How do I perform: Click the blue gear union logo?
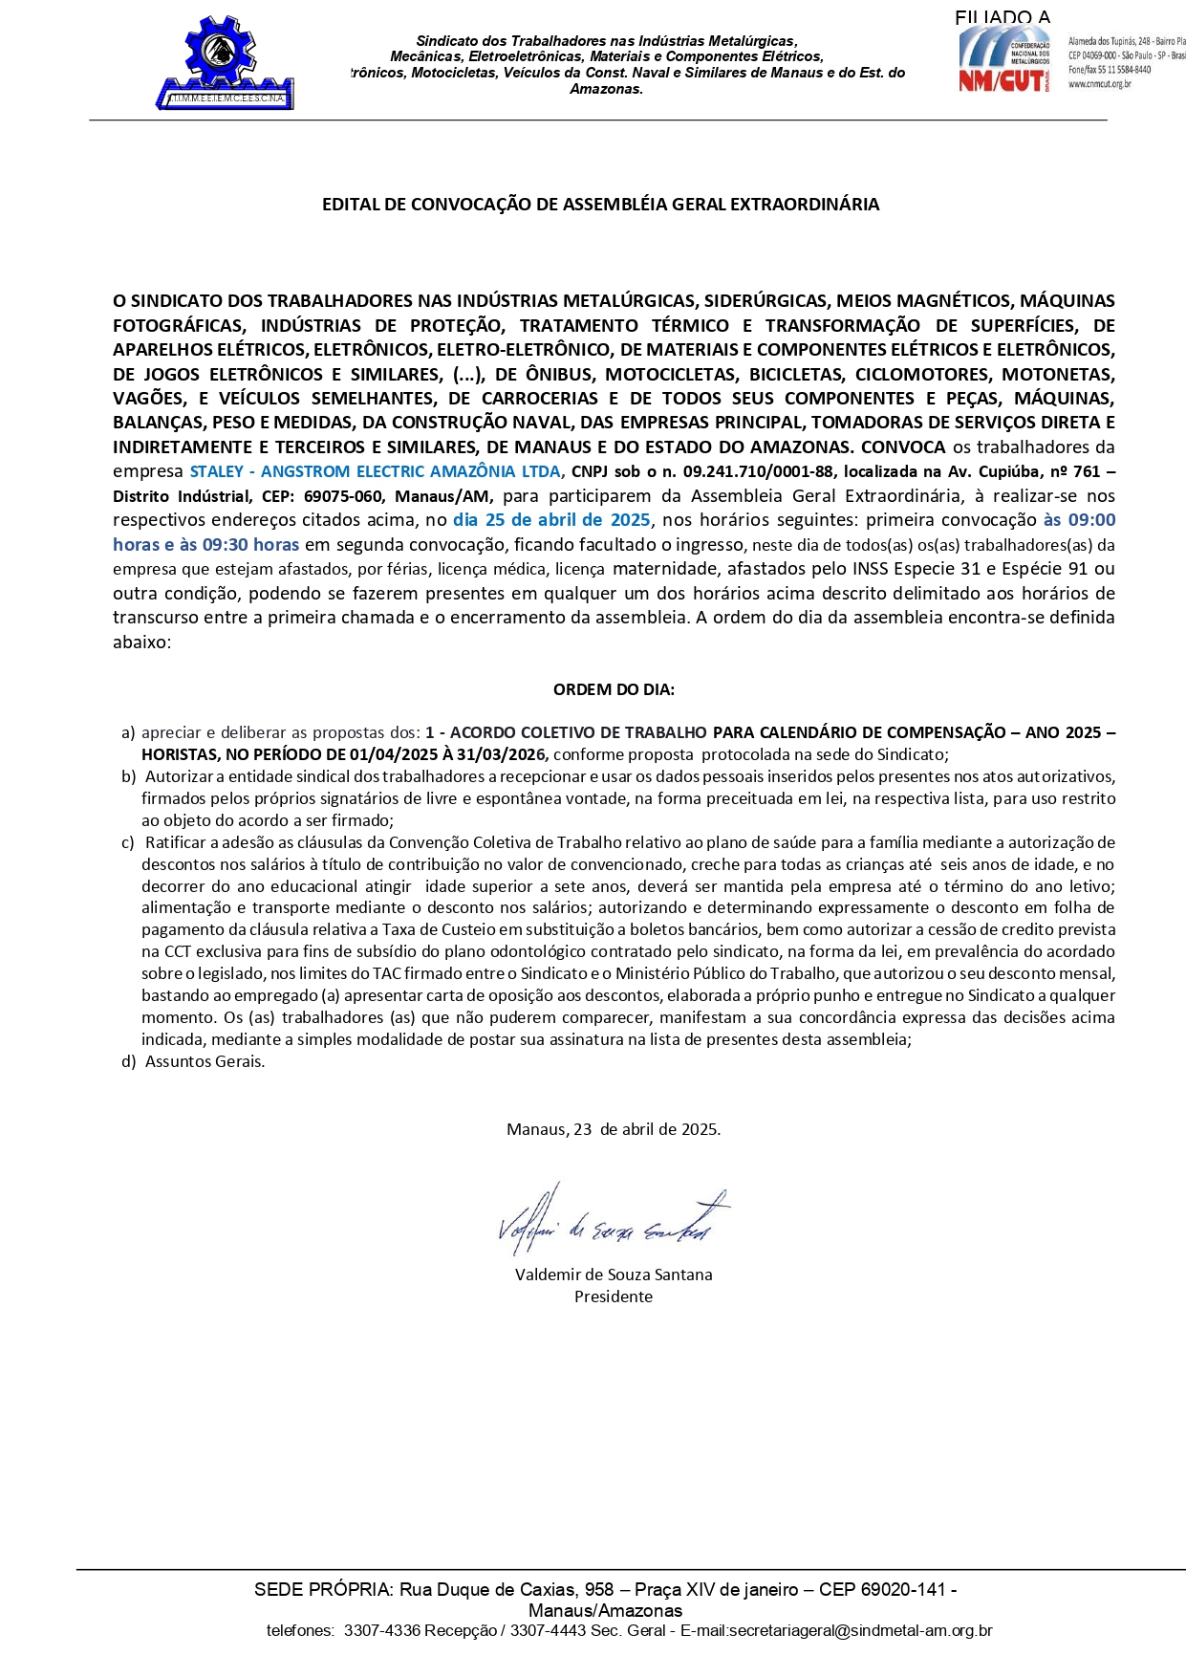[x=225, y=62]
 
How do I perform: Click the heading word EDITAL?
[x=351, y=204]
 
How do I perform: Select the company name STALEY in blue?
[x=217, y=471]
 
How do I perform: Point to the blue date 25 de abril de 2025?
[x=551, y=520]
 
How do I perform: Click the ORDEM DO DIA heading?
[x=614, y=689]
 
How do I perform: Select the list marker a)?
[x=128, y=732]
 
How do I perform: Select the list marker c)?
[x=128, y=842]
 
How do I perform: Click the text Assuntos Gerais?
[x=205, y=1061]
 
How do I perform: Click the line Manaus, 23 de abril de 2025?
[x=614, y=1129]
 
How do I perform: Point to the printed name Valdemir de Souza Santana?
[x=614, y=1275]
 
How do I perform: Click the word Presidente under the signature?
[x=614, y=1297]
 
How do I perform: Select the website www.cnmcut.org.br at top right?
[x=1100, y=84]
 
